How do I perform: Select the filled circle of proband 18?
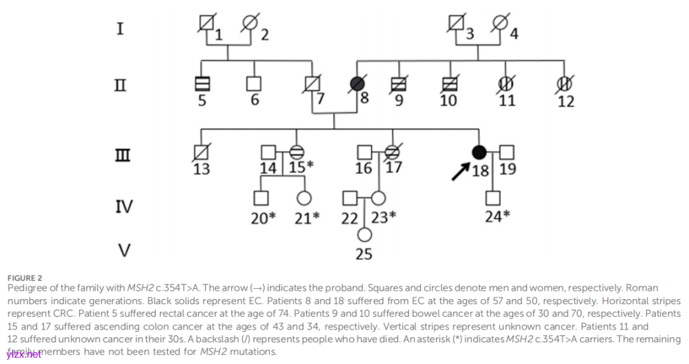[479, 152]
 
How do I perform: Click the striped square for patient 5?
[202, 84]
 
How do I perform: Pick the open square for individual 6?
[255, 84]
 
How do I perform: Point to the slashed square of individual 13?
[202, 152]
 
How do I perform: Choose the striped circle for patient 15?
[296, 152]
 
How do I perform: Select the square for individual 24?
[493, 198]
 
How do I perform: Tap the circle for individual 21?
[304, 198]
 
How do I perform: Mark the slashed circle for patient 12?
[563, 84]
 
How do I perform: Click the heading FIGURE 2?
[25, 278]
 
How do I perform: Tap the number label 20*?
[263, 218]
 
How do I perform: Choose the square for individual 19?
[507, 152]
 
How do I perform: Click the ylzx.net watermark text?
[24, 354]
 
